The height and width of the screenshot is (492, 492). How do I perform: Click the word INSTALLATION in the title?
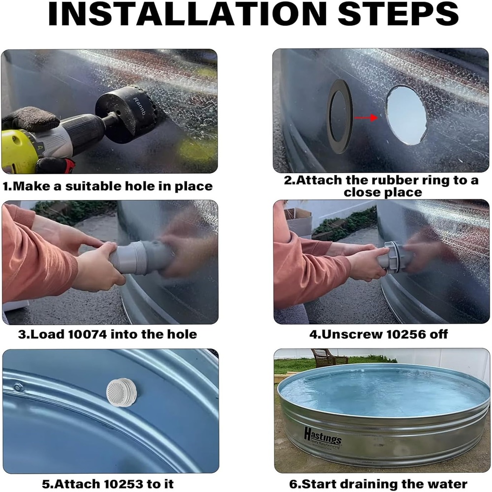tap(187, 14)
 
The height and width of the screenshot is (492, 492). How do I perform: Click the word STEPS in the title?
tap(398, 14)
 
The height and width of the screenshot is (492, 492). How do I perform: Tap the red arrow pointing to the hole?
tap(366, 118)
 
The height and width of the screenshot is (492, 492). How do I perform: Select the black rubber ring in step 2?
tap(340, 117)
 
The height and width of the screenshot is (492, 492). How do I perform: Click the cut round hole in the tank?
tap(406, 116)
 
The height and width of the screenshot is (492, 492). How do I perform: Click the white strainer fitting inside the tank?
tap(121, 392)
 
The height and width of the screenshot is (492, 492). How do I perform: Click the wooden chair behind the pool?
tap(328, 357)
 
